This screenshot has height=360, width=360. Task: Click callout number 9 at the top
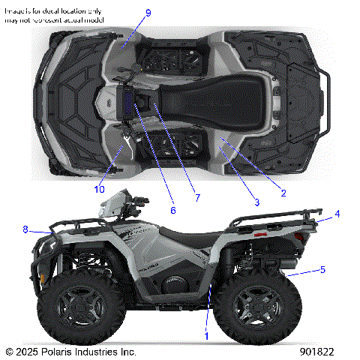click(x=148, y=13)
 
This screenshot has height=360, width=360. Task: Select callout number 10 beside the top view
click(x=100, y=189)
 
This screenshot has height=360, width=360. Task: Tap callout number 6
click(x=172, y=211)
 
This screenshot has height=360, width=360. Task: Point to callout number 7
click(x=197, y=198)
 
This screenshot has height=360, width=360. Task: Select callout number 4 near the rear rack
click(x=337, y=214)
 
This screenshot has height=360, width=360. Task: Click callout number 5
click(x=322, y=268)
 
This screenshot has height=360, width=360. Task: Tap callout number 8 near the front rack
click(x=25, y=229)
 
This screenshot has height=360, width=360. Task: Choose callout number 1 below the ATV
click(x=207, y=337)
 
